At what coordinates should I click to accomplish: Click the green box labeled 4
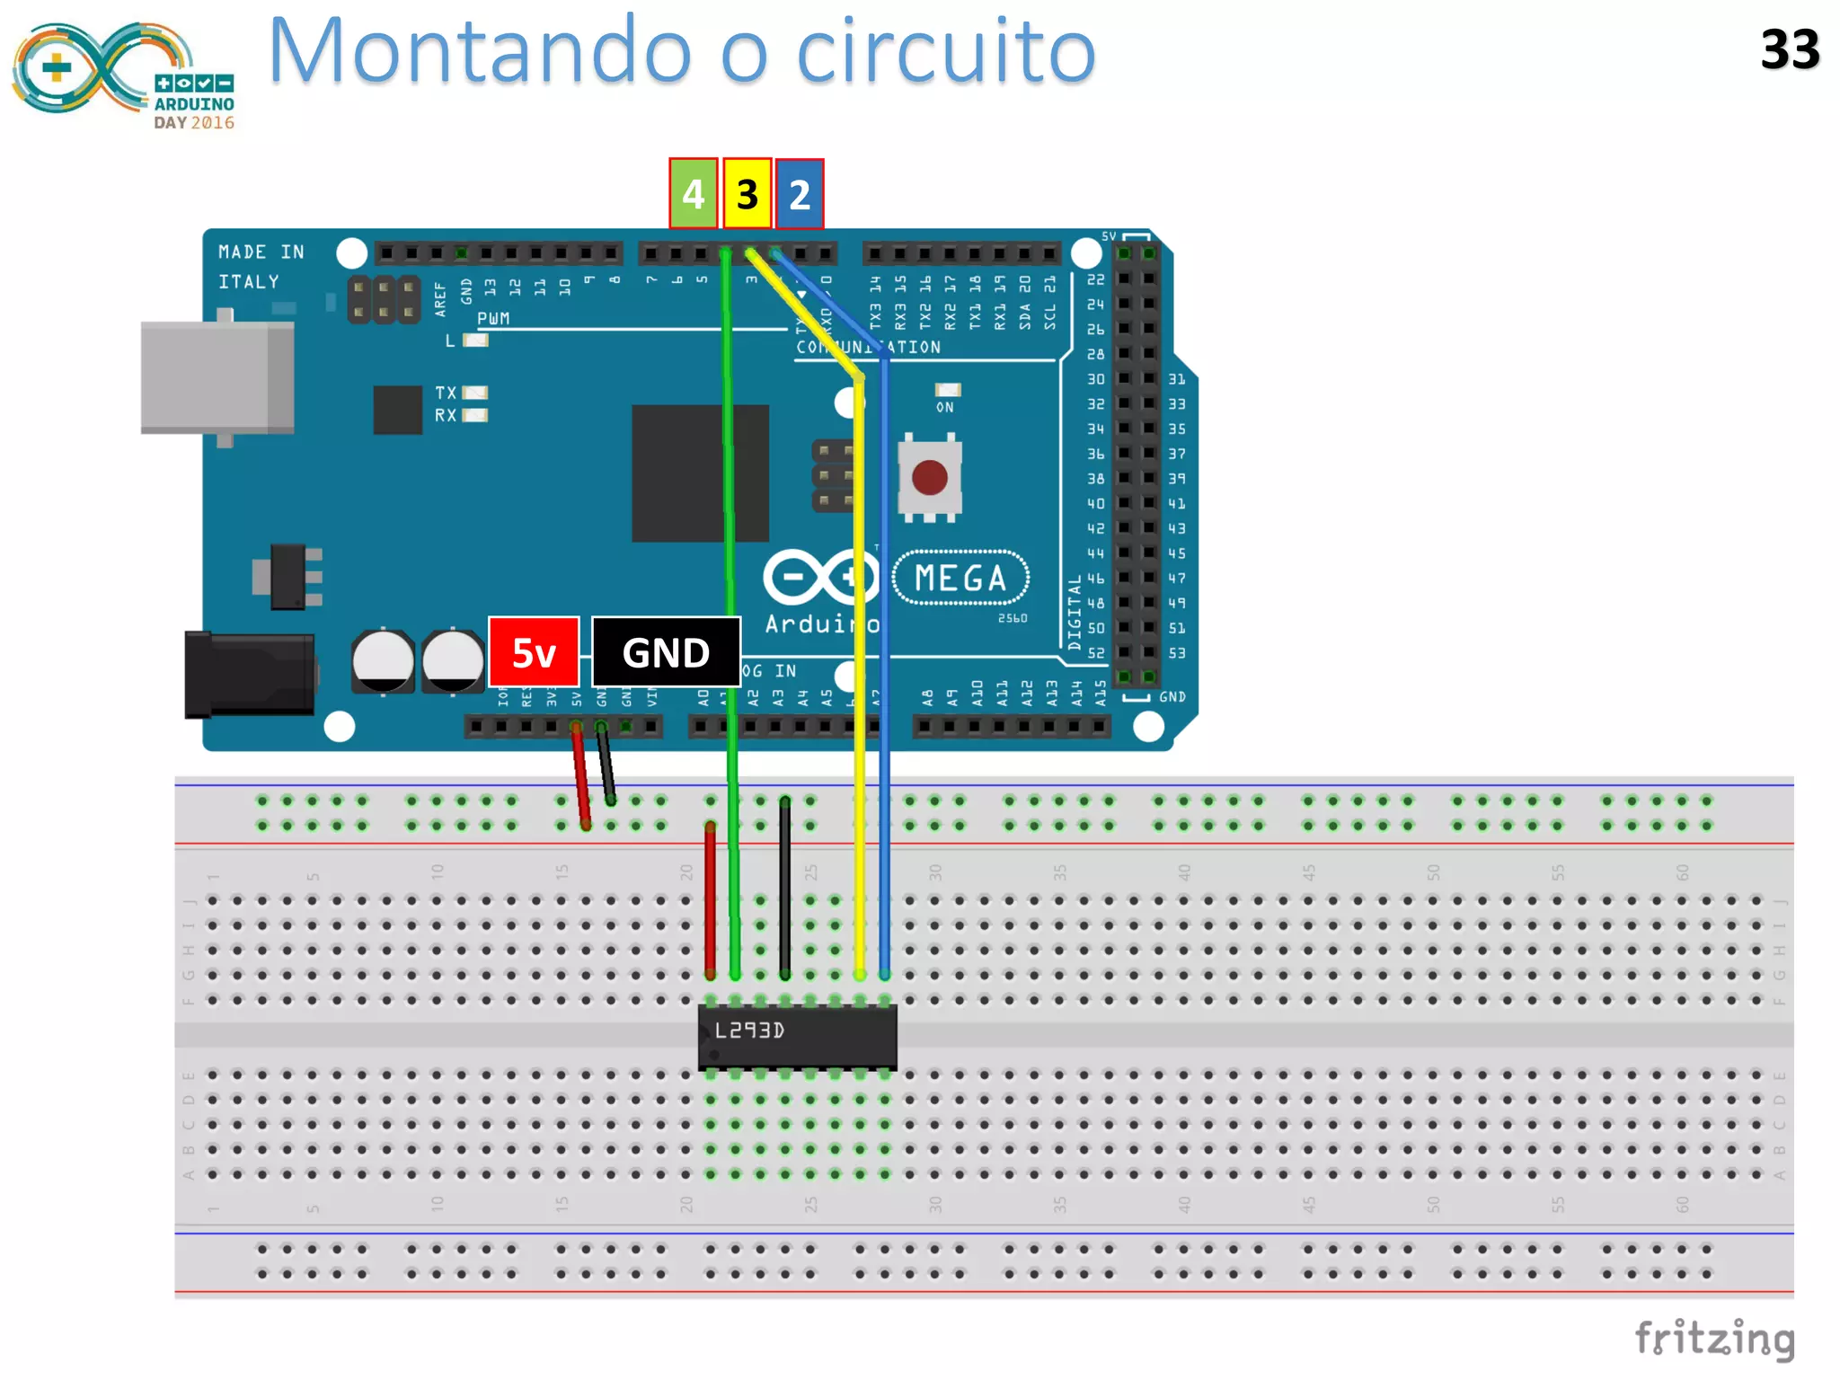pos(693,194)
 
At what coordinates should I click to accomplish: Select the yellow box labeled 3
pos(747,194)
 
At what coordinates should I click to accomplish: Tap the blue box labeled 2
pos(800,194)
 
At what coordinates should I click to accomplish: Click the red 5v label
pos(534,652)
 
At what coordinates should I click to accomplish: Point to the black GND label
pos(666,652)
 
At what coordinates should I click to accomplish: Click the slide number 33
pos(1790,50)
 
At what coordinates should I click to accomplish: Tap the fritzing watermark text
pos(1714,1339)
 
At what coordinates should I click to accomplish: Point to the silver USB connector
pos(217,377)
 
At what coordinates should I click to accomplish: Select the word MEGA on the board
pos(960,579)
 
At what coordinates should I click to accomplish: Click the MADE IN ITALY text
pos(261,267)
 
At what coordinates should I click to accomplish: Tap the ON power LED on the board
pos(947,390)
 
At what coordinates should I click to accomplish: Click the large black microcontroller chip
pos(700,473)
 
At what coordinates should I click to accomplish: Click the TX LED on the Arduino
pos(474,393)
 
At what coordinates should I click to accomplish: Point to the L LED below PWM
pos(475,341)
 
